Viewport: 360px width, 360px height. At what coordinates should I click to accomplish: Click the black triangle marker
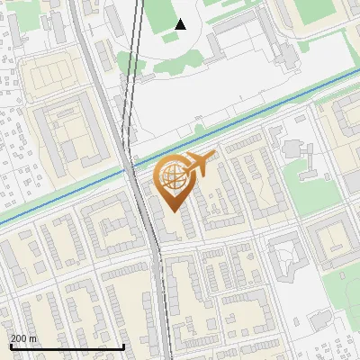point(180,24)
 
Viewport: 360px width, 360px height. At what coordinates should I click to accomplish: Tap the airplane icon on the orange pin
point(199,165)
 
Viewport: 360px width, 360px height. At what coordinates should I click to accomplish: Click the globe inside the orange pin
point(171,176)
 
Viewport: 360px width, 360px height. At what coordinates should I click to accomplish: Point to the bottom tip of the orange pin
point(171,212)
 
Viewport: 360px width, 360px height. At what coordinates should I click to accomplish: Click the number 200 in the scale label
point(20,338)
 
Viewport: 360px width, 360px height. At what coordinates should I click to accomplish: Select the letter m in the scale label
point(33,338)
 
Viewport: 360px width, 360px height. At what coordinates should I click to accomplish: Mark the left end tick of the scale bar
point(10,346)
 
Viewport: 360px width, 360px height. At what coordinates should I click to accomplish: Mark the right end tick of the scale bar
point(123,346)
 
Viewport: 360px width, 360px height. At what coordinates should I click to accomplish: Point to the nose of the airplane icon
point(216,158)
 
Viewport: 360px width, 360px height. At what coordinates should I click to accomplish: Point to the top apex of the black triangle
point(180,19)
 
